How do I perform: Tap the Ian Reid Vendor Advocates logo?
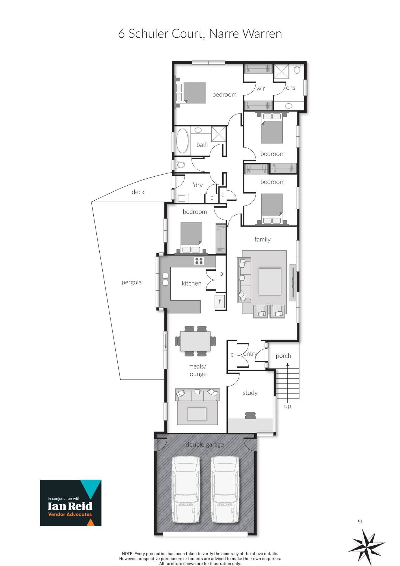(x=71, y=503)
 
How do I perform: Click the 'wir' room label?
(x=261, y=89)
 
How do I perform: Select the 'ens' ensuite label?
(x=291, y=88)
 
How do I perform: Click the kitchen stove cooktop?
(x=199, y=261)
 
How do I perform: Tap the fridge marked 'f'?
(x=220, y=301)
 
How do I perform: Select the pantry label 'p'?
(x=221, y=274)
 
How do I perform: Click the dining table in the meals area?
(x=195, y=341)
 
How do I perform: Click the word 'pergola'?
(x=132, y=282)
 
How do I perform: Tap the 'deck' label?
(x=138, y=192)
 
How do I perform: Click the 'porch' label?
(x=283, y=356)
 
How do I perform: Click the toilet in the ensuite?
(x=297, y=68)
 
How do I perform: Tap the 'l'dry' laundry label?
(x=197, y=185)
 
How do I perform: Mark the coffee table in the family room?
(x=270, y=282)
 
